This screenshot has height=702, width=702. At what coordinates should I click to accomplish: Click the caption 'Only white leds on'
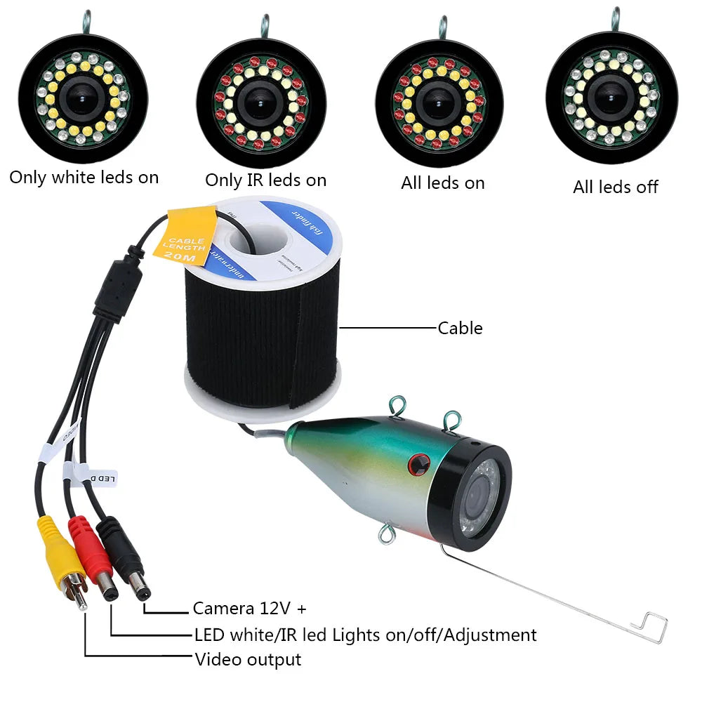84,178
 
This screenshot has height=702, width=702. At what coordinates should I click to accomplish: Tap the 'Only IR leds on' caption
265,180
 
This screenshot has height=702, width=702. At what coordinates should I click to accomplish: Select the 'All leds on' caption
443,183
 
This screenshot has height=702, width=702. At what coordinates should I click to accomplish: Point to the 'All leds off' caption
616,187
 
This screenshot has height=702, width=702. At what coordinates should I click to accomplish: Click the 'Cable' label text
460,328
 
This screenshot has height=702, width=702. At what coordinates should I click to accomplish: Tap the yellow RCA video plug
64,555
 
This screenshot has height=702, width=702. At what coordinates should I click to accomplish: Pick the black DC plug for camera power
124,558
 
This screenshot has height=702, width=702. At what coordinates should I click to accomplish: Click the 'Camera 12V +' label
249,608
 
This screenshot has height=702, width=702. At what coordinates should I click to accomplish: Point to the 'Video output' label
248,659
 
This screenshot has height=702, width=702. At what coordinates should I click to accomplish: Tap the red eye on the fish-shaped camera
419,464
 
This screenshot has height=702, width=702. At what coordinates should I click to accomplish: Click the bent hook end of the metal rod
649,627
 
